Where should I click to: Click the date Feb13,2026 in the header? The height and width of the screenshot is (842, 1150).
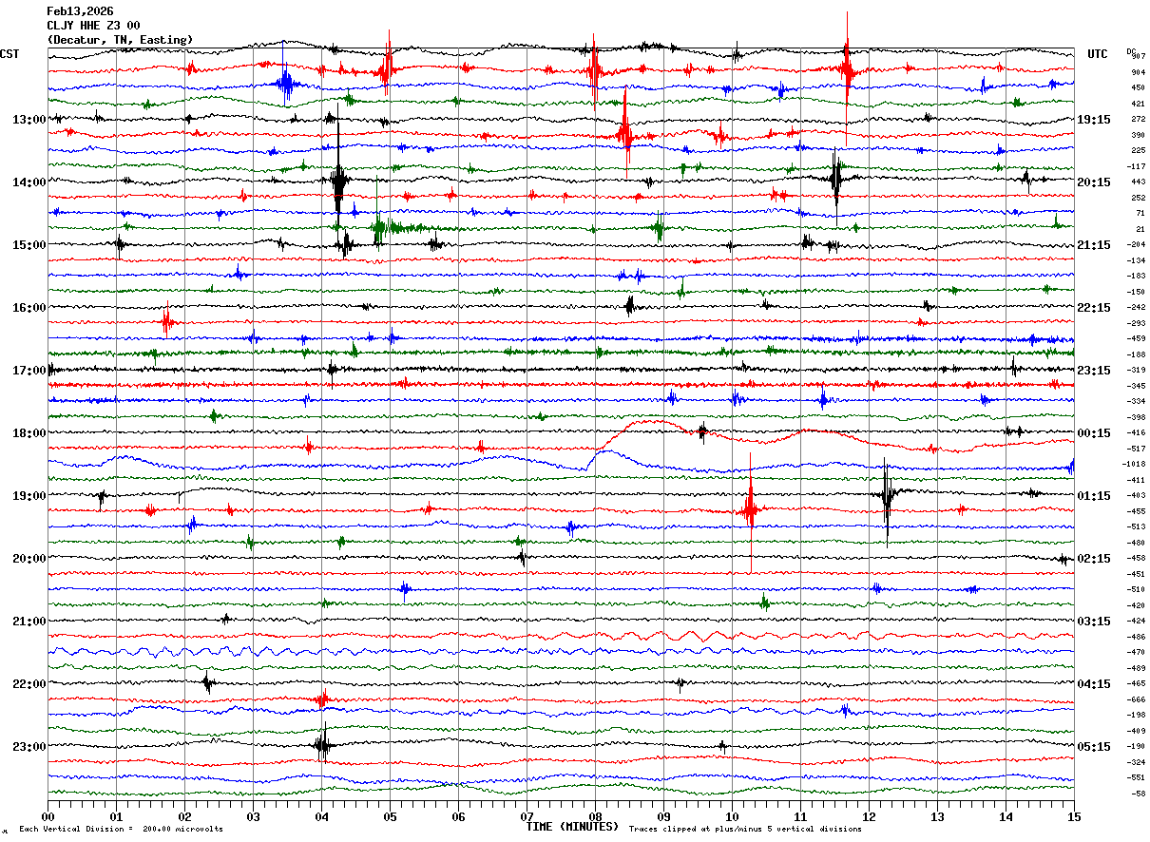pos(80,11)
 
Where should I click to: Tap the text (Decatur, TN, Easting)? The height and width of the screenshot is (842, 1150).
pos(120,39)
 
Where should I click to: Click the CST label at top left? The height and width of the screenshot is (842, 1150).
pos(10,54)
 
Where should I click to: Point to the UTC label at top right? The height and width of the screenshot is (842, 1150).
pos(1098,54)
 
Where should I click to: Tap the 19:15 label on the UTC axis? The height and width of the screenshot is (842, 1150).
pos(1094,120)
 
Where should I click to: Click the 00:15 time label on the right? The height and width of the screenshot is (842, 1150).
pos(1094,433)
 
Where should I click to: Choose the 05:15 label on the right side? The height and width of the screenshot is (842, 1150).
pos(1094,746)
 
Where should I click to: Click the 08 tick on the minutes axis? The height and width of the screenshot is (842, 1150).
pos(595,816)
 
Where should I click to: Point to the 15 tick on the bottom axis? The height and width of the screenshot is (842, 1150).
pos(1074,816)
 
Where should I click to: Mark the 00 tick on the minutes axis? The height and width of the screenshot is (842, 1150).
pos(48,816)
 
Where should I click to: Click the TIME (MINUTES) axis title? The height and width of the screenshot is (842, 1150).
pos(572,827)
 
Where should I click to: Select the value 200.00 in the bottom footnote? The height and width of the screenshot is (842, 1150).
pos(156,830)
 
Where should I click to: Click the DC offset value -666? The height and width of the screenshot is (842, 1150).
pos(1135,698)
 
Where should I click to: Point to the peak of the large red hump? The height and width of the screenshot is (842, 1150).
pos(656,420)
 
